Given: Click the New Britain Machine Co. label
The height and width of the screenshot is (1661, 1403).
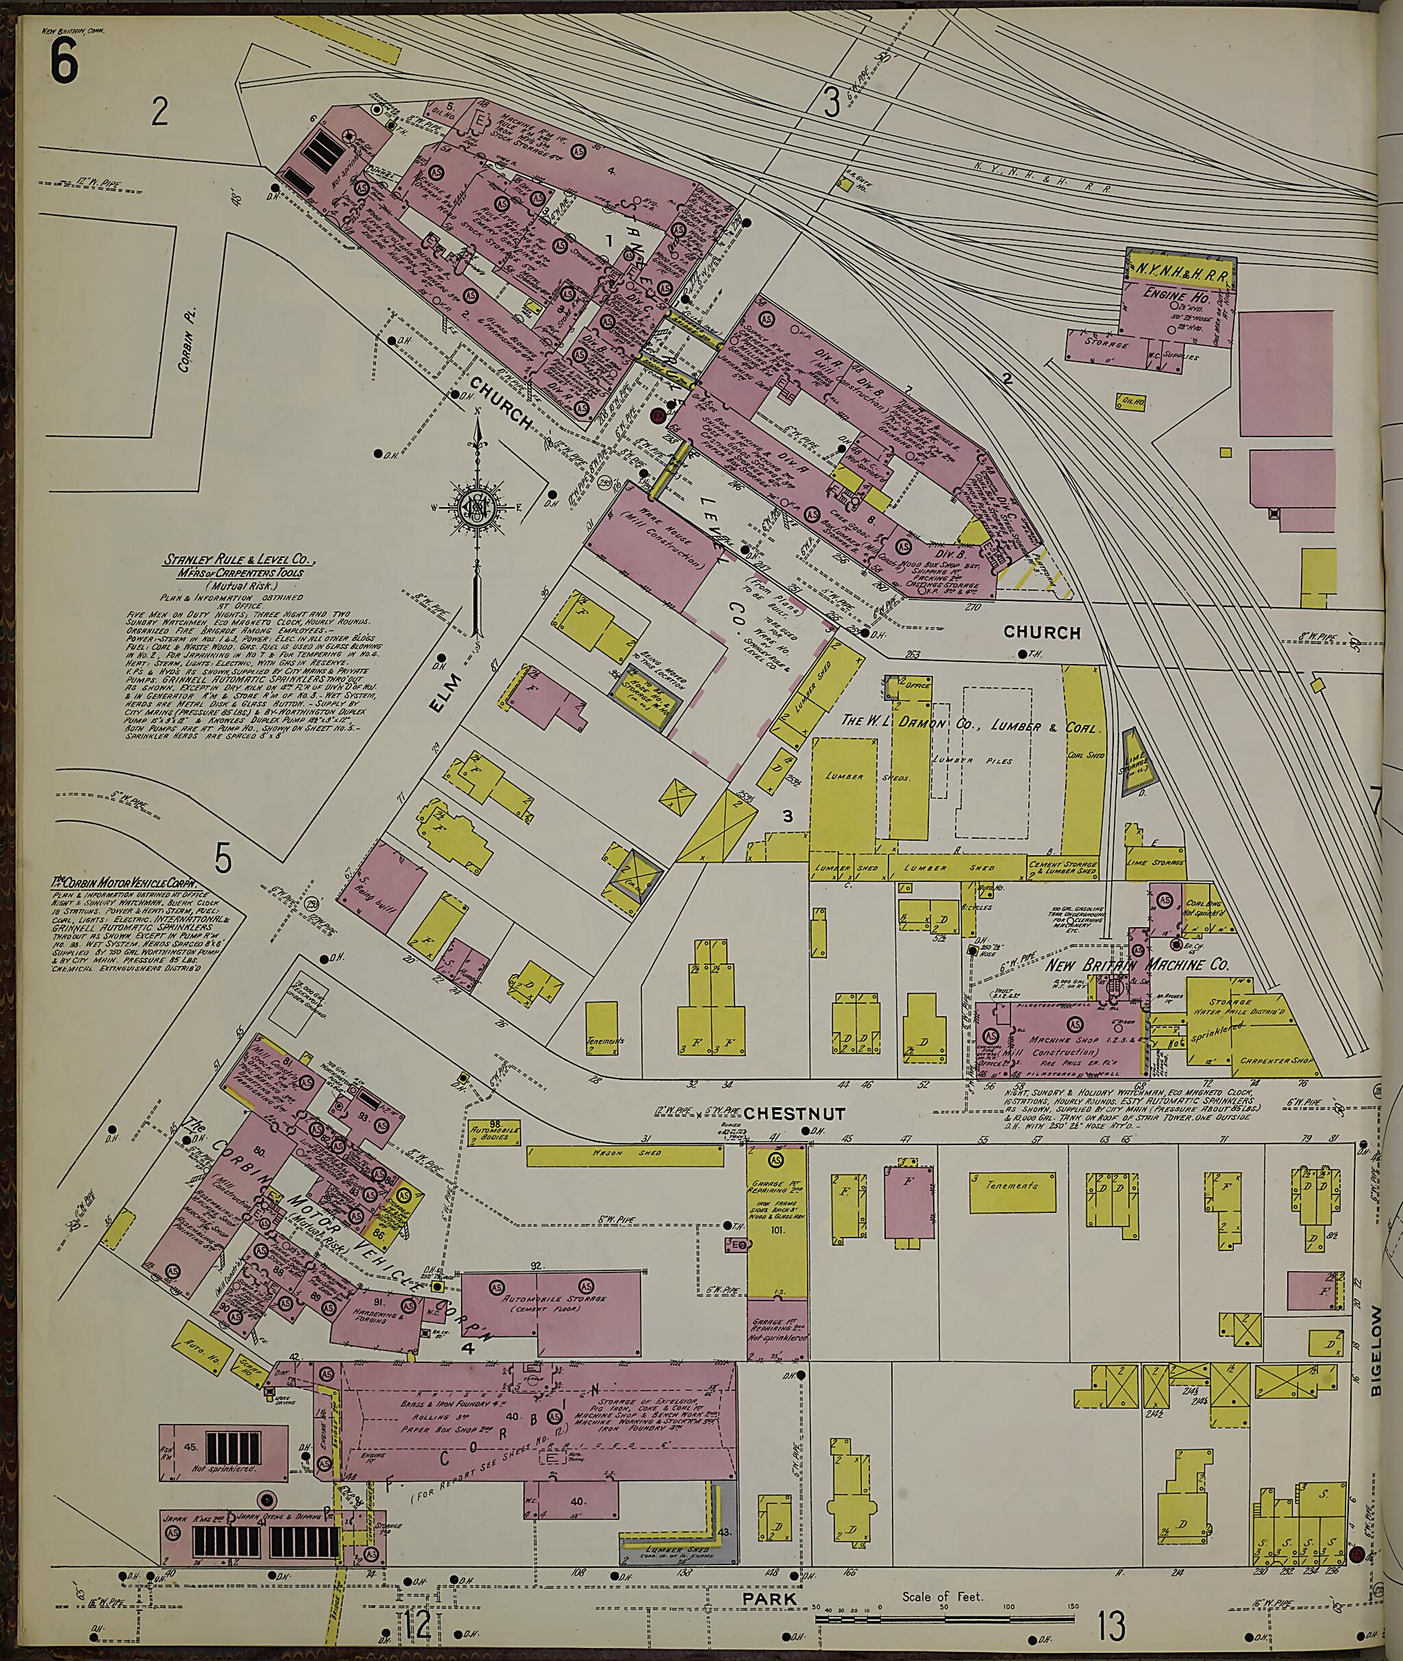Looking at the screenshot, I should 1137,965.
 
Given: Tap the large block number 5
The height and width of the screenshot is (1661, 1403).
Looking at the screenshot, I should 223,859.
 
